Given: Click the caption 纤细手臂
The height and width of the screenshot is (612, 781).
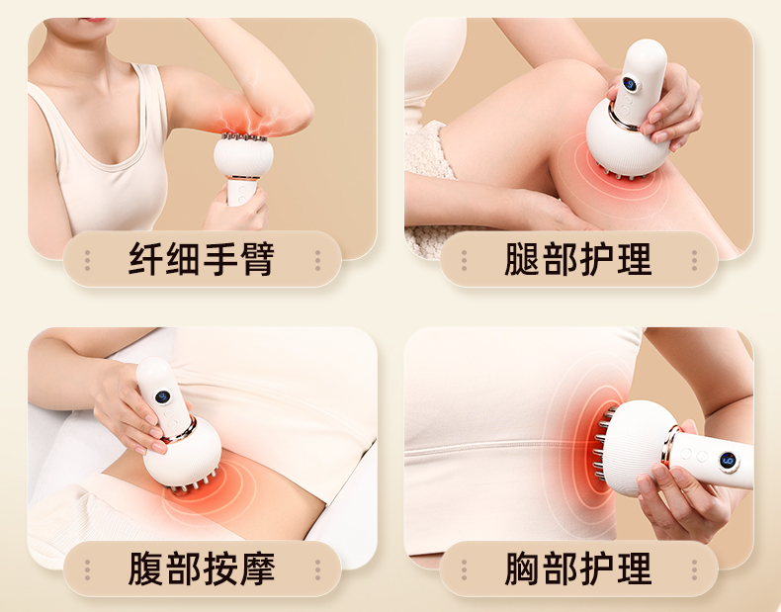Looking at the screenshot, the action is click(202, 259).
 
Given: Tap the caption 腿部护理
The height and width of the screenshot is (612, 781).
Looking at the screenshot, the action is click(577, 259).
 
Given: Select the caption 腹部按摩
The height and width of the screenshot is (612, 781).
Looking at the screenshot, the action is click(202, 568).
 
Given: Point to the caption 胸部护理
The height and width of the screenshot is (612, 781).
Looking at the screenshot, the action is click(577, 568).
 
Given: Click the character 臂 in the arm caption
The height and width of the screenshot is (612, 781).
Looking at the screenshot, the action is click(257, 259).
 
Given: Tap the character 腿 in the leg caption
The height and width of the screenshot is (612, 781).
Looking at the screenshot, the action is click(522, 259).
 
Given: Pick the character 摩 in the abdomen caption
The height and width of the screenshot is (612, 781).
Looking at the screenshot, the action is click(257, 568).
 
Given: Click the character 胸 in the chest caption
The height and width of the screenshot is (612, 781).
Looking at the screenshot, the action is click(522, 568).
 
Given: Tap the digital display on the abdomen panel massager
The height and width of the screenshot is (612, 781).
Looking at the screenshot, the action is click(162, 396).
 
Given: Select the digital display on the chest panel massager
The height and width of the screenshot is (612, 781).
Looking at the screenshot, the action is click(728, 460).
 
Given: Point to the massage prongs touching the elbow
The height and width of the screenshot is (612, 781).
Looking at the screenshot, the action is click(244, 136).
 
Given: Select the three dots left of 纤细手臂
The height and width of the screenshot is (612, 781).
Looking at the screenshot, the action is click(88, 260).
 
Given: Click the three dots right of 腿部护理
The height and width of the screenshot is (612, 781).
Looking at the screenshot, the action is click(694, 260).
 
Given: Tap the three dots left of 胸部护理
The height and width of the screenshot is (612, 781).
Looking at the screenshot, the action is click(464, 569).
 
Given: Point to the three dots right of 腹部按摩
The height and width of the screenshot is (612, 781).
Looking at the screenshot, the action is click(317, 569).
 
